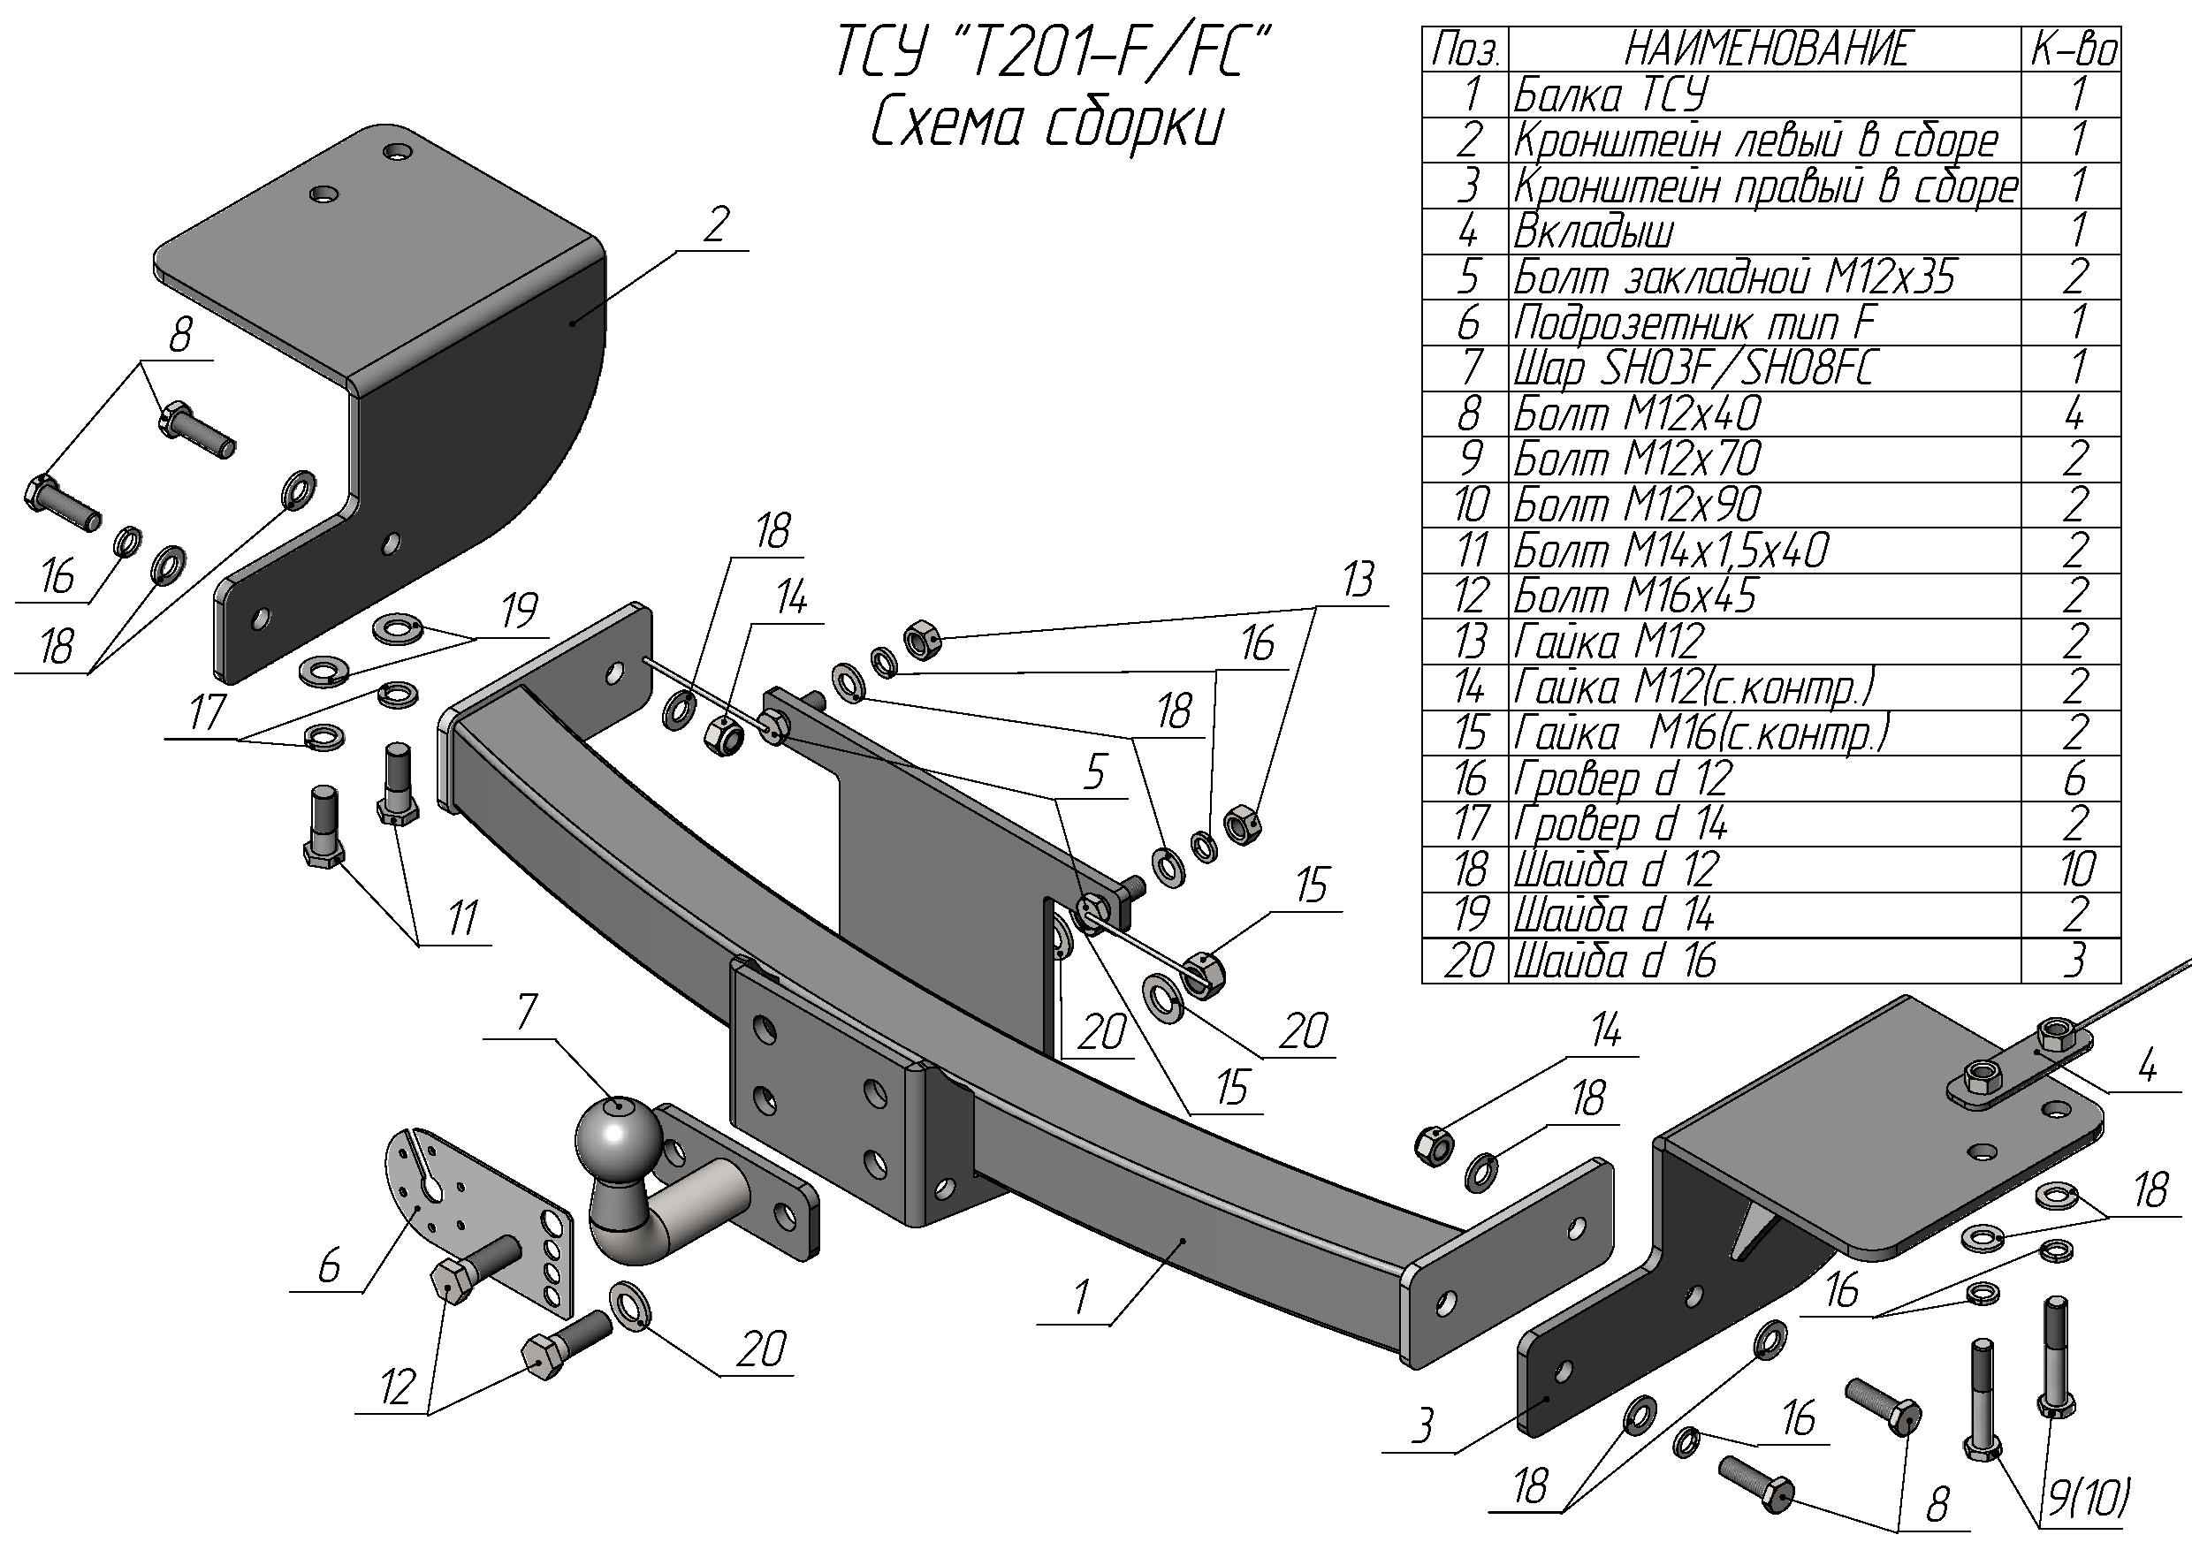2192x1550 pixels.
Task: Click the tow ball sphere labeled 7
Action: (x=619, y=1136)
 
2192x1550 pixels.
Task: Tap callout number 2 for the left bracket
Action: (x=716, y=224)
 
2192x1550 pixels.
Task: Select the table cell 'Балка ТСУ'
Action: (x=1610, y=95)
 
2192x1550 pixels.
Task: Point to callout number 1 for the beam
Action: (x=1080, y=1298)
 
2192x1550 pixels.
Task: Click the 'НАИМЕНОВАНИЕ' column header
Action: (x=1765, y=49)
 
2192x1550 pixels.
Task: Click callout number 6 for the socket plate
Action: (x=329, y=1266)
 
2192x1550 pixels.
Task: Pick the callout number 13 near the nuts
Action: (x=1357, y=581)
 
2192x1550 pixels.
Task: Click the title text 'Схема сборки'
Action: (x=1047, y=124)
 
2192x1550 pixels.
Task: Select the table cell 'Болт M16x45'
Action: (x=1634, y=596)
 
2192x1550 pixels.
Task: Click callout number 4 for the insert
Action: (x=2147, y=1065)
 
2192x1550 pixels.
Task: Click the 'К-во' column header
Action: (x=2074, y=49)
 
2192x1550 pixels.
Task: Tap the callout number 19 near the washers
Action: (x=520, y=611)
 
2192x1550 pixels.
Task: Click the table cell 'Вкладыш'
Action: (x=1593, y=232)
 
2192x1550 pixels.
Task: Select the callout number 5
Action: (x=1094, y=771)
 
